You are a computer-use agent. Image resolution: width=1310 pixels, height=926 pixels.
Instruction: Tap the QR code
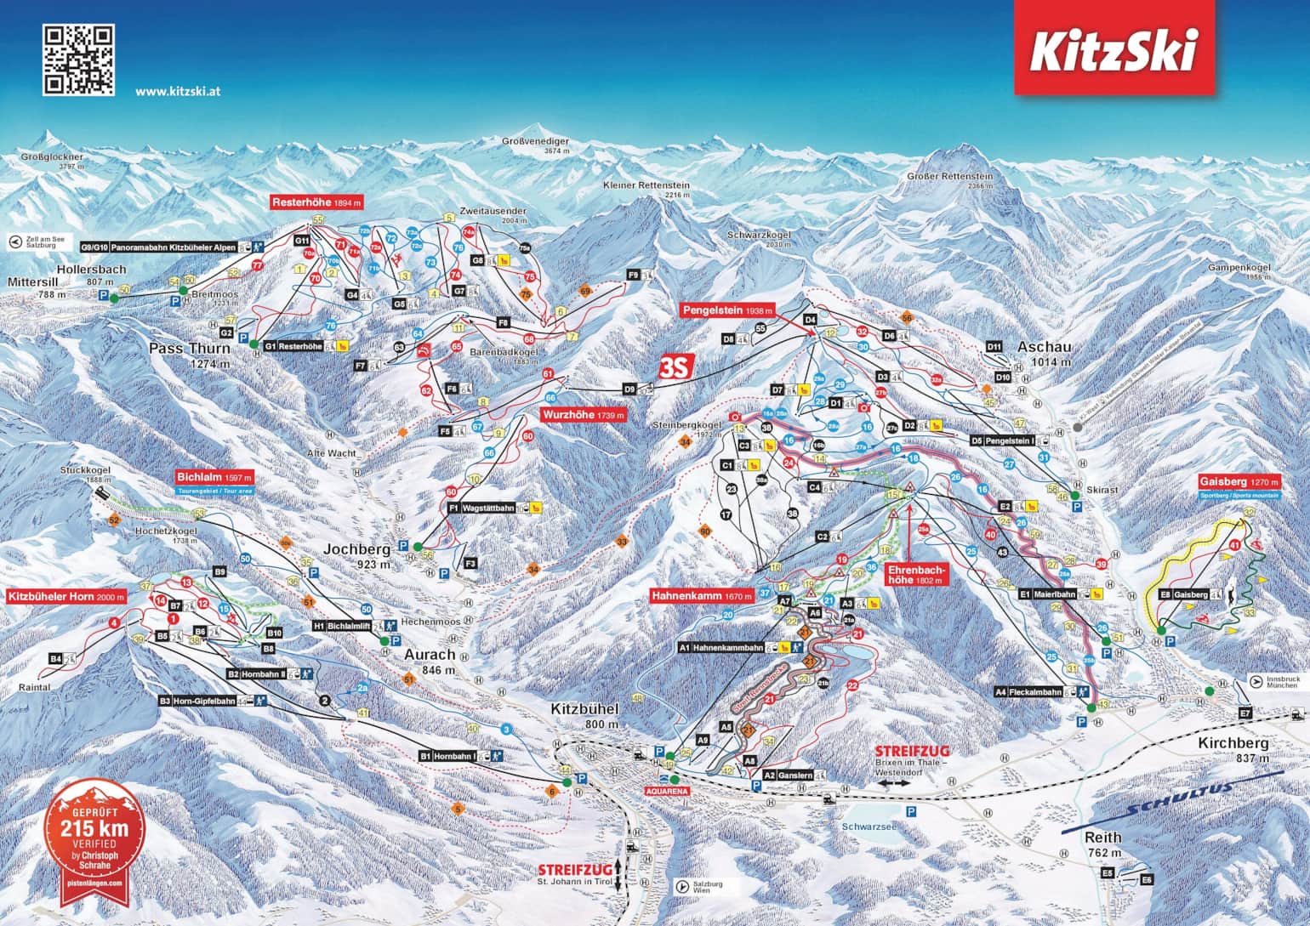coord(78,59)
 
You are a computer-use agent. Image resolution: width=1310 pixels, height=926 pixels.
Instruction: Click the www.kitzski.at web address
coord(178,90)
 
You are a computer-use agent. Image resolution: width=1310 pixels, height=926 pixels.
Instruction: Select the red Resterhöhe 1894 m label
coord(316,202)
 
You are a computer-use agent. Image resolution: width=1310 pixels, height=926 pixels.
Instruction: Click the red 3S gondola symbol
coord(678,366)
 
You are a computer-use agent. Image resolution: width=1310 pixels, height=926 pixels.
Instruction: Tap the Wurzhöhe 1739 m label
coord(583,415)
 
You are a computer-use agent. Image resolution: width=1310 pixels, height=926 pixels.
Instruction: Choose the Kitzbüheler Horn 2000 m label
coord(66,597)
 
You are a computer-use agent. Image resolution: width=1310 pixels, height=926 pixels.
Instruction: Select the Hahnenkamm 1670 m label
coord(702,597)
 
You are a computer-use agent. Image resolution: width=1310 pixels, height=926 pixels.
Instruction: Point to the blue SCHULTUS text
coord(1178,799)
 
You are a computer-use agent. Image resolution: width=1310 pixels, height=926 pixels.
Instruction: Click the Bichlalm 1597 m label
coord(214,478)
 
